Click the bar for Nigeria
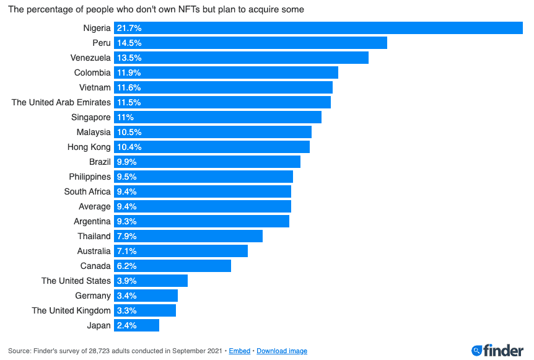(318, 28)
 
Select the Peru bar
(250, 43)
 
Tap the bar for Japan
(136, 325)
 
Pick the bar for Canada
(172, 266)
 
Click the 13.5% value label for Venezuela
(129, 58)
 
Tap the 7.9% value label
(127, 236)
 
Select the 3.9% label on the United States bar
(127, 281)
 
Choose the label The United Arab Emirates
(61, 102)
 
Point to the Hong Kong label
(89, 147)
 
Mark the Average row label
(95, 206)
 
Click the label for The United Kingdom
(71, 310)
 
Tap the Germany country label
(93, 296)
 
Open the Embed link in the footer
(240, 351)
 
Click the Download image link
(282, 351)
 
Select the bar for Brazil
(207, 162)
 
